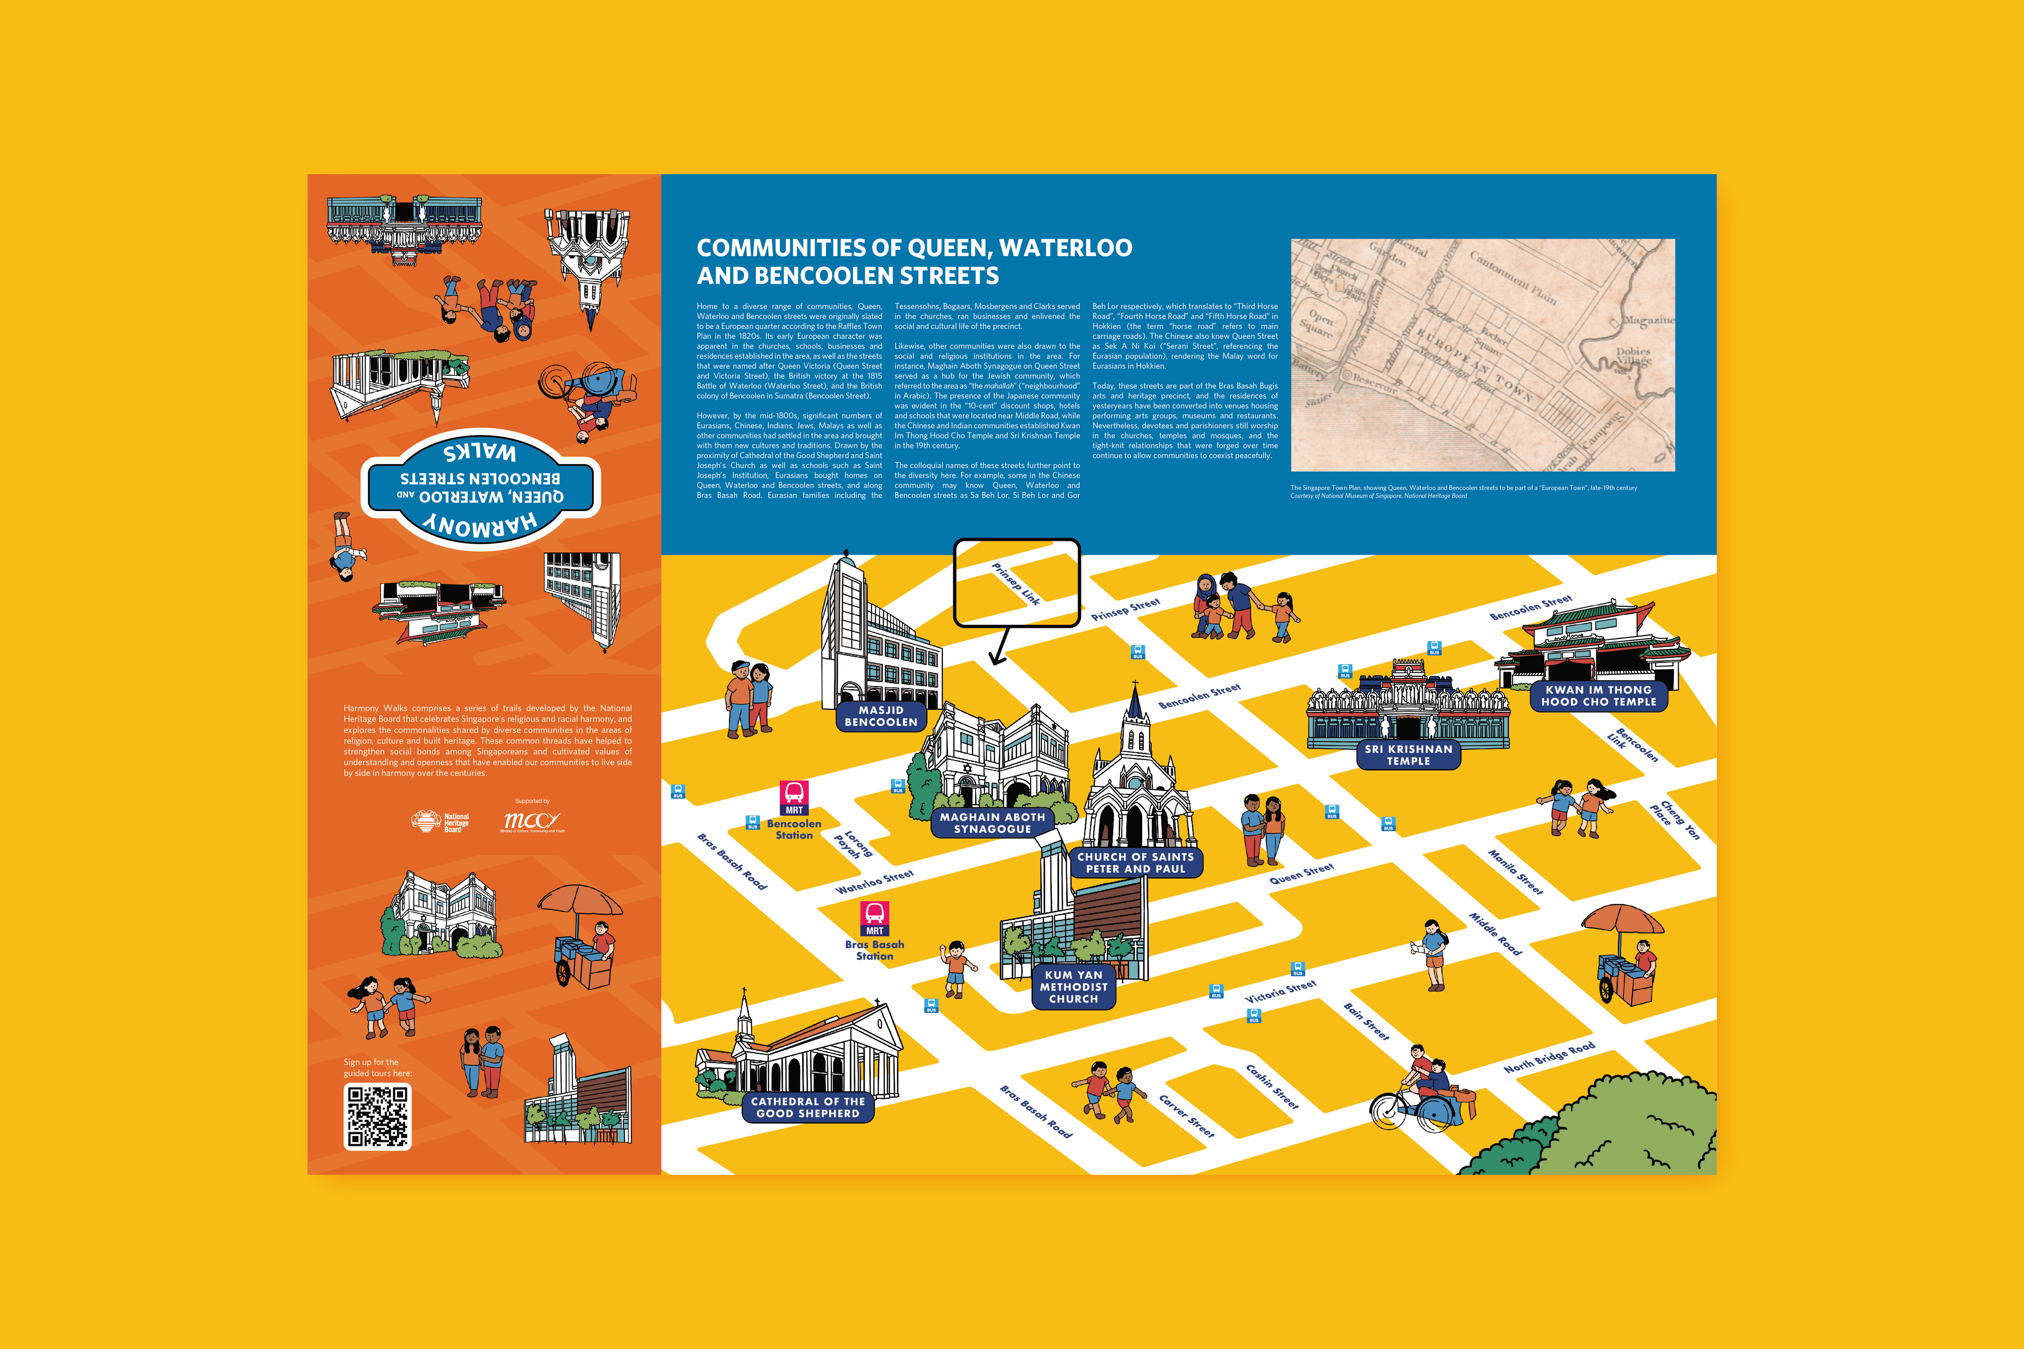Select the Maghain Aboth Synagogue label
tap(992, 823)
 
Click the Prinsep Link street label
tap(1016, 583)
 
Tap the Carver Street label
tap(1186, 1116)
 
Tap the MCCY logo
tap(532, 822)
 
